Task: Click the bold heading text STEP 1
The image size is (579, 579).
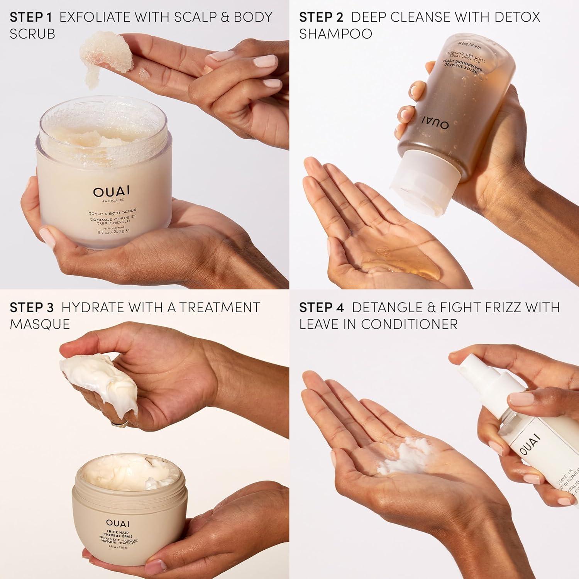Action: [32, 17]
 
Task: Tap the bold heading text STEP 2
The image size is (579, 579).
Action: [321, 17]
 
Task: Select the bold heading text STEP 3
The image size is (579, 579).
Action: [32, 308]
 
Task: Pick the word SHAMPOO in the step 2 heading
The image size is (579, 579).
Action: [335, 34]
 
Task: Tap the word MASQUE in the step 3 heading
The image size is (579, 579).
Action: [40, 324]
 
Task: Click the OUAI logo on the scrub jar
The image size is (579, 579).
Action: [112, 191]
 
